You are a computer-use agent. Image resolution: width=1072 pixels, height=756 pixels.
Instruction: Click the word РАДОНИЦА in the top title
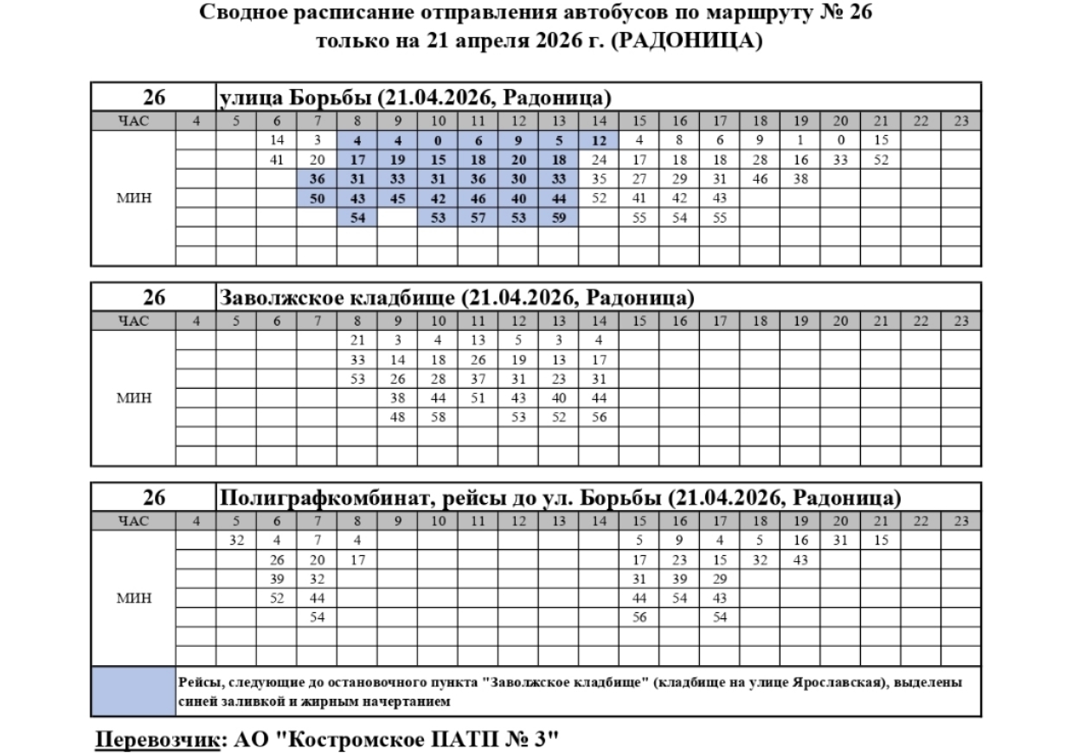[683, 41]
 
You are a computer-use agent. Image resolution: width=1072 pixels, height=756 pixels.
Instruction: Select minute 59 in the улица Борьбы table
[558, 216]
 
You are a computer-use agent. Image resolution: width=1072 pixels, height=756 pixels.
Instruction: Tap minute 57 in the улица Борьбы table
[478, 216]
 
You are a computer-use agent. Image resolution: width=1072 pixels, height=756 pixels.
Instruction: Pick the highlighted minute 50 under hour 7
[317, 197]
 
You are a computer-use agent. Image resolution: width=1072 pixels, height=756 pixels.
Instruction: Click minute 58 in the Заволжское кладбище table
[438, 417]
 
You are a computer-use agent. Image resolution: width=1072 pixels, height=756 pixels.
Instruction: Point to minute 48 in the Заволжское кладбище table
[398, 417]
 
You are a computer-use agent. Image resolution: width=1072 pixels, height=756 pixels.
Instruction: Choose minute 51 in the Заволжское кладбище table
[478, 397]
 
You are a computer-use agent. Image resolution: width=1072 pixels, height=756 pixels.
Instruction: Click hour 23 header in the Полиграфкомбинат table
[960, 521]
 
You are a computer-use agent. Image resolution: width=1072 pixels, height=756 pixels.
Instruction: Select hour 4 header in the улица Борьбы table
[196, 121]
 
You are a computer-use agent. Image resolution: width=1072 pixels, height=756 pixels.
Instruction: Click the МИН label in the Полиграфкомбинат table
[134, 598]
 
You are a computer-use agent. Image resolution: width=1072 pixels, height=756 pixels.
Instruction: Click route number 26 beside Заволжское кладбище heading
[154, 298]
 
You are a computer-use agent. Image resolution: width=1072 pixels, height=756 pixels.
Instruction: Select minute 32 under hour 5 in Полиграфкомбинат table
[237, 540]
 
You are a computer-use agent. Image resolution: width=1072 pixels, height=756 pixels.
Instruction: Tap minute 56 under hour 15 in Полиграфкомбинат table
[639, 617]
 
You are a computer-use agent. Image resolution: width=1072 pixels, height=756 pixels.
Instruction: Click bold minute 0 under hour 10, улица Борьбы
[438, 140]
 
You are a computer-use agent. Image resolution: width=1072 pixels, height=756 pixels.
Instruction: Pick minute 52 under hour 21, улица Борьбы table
[881, 159]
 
